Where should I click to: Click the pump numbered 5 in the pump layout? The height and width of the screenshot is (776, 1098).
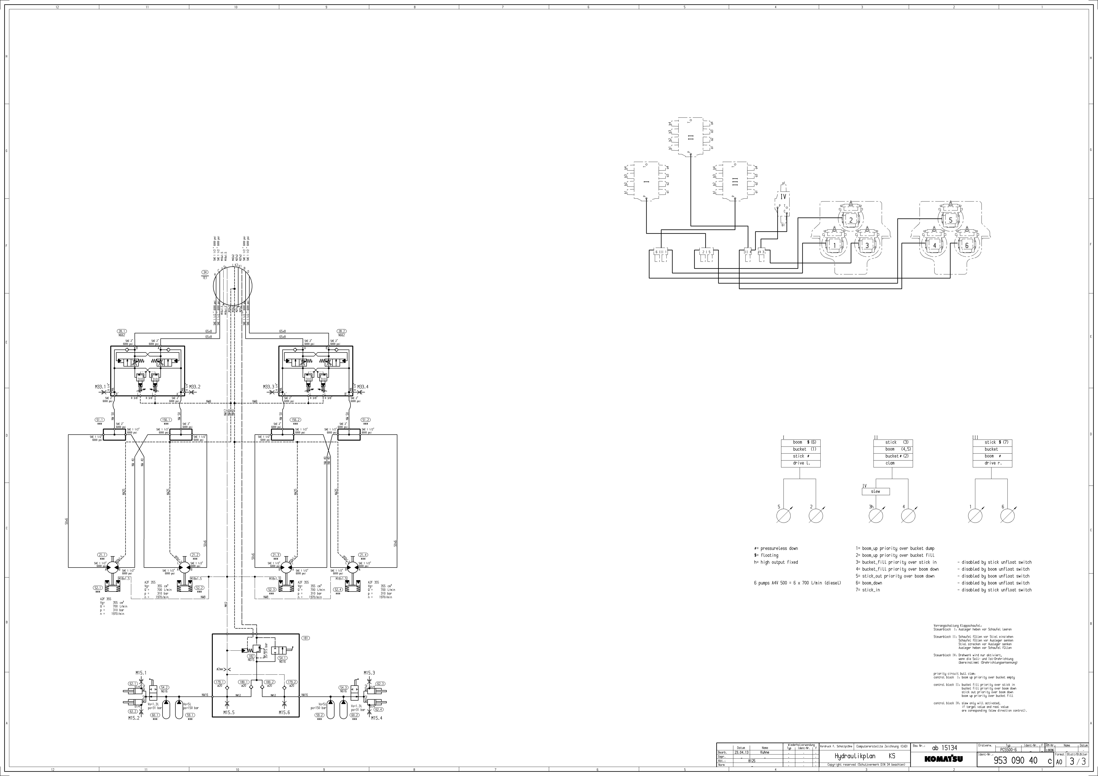point(951,220)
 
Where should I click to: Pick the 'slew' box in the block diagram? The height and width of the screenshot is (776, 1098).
point(876,491)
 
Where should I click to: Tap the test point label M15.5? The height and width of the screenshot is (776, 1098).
point(229,712)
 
